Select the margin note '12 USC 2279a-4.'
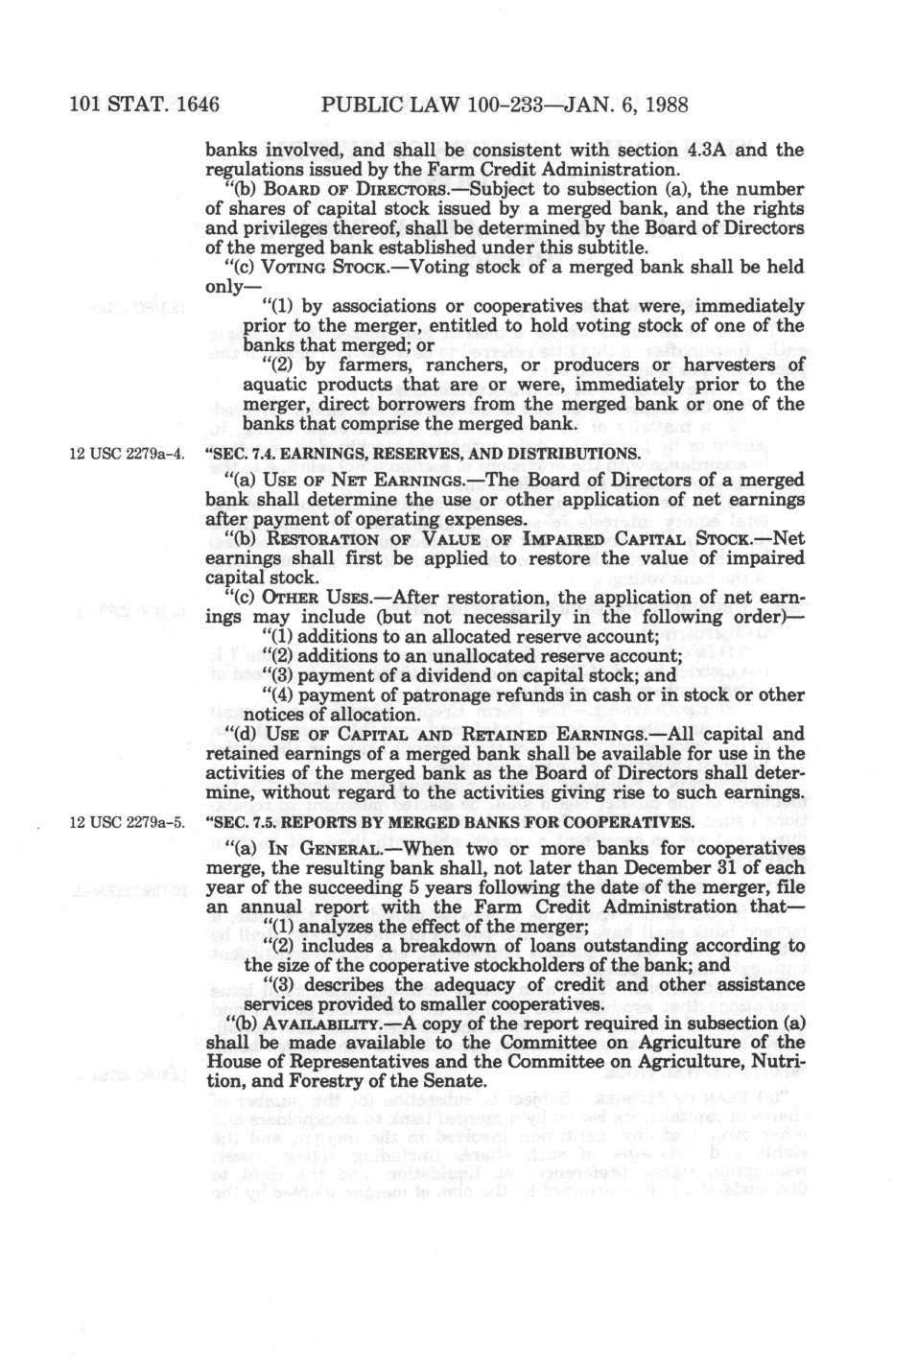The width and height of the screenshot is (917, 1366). tap(123, 453)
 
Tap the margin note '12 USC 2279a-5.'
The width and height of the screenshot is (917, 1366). tap(123, 824)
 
